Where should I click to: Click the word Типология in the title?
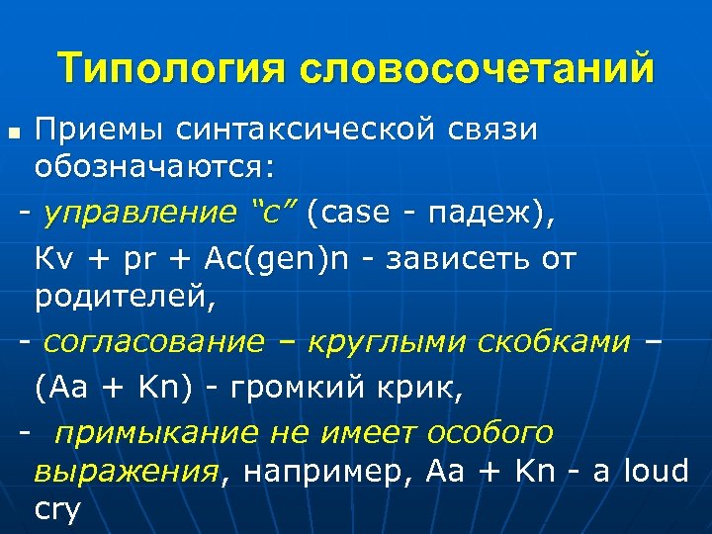[171, 69]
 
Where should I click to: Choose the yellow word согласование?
[154, 342]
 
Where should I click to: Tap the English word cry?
[57, 508]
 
